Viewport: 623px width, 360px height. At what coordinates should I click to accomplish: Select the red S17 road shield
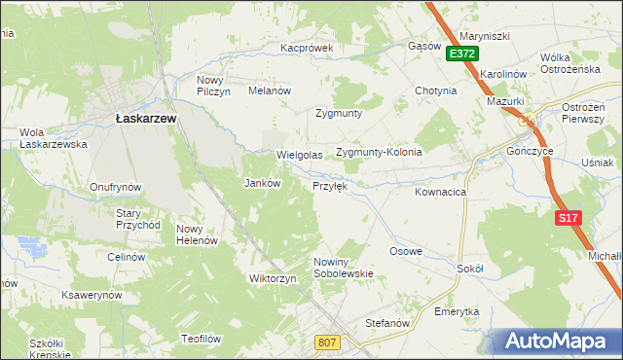pyautogui.click(x=569, y=219)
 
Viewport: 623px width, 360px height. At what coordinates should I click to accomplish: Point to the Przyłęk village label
pyautogui.click(x=329, y=185)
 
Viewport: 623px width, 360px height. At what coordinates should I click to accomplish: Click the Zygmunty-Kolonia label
pyautogui.click(x=379, y=153)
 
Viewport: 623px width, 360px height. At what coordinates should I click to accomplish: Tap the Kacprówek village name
pyautogui.click(x=308, y=47)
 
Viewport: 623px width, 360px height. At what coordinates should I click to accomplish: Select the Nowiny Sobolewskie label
pyautogui.click(x=344, y=268)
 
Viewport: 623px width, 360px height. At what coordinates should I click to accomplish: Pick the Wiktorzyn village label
pyautogui.click(x=273, y=278)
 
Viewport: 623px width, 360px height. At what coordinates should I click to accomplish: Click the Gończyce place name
pyautogui.click(x=531, y=153)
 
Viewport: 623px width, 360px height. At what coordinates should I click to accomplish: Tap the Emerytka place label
pyautogui.click(x=458, y=311)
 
